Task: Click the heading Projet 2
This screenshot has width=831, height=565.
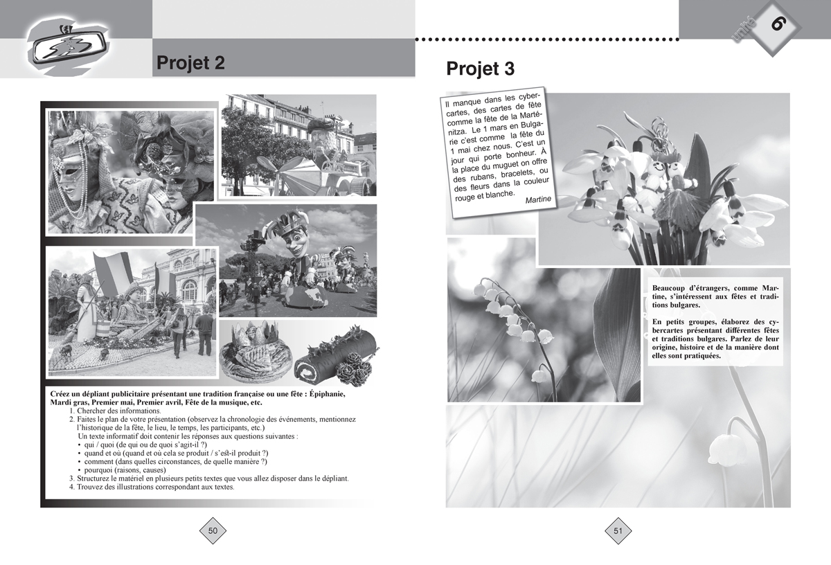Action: click(190, 63)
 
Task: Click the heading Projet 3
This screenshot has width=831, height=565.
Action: click(481, 69)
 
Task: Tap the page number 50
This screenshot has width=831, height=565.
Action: click(213, 531)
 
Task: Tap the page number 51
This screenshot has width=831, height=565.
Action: click(618, 531)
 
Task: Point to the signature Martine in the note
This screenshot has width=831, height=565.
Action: click(538, 199)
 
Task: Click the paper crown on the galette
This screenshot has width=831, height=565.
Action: click(255, 332)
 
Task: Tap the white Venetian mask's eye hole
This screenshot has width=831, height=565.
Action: click(71, 174)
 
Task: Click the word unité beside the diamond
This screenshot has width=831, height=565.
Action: click(744, 29)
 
